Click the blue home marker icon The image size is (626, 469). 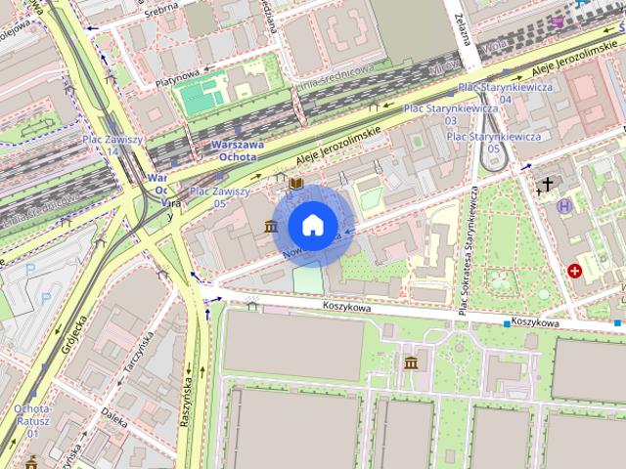click(x=312, y=225)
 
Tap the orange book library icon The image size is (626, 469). click(x=295, y=183)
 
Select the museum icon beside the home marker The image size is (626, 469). click(x=270, y=228)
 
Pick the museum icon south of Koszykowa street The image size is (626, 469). click(x=411, y=363)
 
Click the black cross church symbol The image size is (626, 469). click(x=548, y=183)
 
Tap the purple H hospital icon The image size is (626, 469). click(x=564, y=206)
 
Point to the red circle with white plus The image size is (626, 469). click(x=575, y=271)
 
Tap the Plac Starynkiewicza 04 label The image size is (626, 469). click(x=505, y=93)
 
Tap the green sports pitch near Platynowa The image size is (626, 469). click(x=201, y=99)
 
